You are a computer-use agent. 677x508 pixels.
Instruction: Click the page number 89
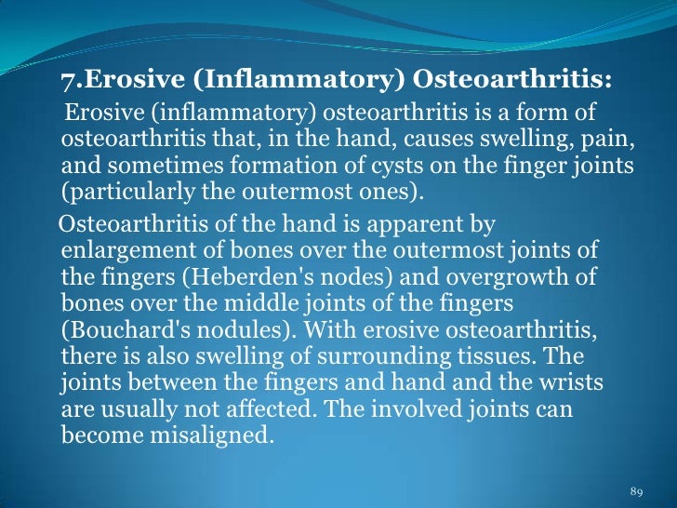pos(637,490)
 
